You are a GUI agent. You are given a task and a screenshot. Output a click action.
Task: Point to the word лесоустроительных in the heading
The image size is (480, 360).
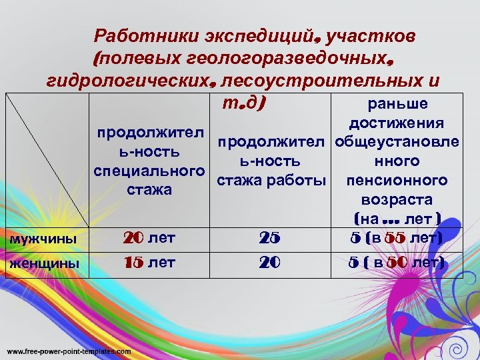click(323, 81)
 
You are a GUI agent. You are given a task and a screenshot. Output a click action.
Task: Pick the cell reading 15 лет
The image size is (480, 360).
click(151, 263)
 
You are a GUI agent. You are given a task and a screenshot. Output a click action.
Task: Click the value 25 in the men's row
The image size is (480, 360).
click(269, 238)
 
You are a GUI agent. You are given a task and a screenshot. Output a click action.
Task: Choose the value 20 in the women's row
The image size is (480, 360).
click(269, 263)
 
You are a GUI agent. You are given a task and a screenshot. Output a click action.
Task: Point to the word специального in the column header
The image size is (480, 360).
click(148, 171)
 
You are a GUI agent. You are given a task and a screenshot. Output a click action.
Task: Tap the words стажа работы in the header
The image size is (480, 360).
click(271, 180)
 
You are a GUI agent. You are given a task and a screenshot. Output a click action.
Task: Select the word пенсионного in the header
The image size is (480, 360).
click(397, 181)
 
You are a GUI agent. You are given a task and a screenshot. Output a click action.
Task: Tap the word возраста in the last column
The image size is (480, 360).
click(397, 200)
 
